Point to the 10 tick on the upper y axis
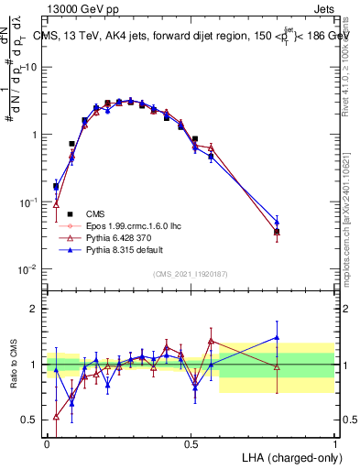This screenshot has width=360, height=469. [30, 67]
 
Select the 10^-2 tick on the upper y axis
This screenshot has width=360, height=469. [28, 269]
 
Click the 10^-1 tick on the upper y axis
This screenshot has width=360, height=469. [28, 202]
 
